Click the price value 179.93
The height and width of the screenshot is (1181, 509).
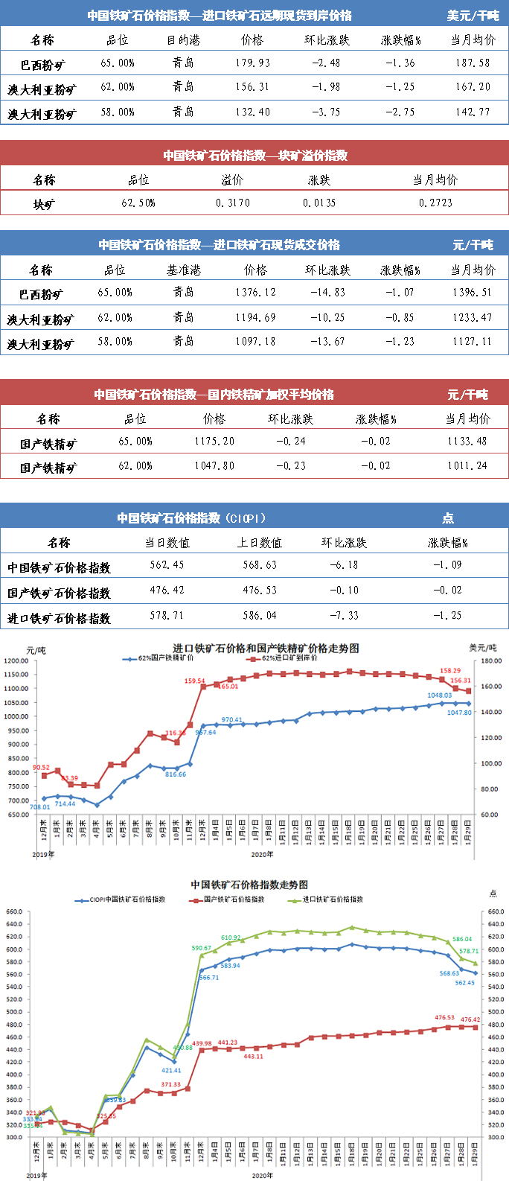click(253, 63)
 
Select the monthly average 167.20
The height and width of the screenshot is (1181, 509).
click(473, 87)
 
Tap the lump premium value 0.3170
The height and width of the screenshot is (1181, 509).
click(233, 203)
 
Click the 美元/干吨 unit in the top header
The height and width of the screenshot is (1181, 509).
click(473, 16)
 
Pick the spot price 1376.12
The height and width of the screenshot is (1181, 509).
click(255, 293)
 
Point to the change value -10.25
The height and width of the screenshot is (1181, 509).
click(327, 317)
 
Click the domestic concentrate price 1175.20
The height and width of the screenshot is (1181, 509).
click(214, 442)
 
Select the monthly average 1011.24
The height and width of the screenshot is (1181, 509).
click(467, 466)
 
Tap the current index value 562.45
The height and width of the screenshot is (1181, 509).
click(167, 565)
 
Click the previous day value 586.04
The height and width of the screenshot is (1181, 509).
click(260, 616)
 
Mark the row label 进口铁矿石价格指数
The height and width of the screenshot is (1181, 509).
click(59, 618)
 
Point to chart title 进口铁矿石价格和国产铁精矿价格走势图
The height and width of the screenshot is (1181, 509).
click(266, 649)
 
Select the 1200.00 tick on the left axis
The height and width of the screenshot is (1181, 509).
click(15, 660)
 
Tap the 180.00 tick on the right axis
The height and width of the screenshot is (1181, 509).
click(491, 660)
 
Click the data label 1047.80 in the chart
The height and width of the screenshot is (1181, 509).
click(459, 713)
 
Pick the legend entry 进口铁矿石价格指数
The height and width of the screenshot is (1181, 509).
click(332, 900)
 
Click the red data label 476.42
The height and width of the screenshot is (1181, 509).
click(470, 1019)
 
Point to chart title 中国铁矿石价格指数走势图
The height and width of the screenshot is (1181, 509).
click(249, 885)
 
